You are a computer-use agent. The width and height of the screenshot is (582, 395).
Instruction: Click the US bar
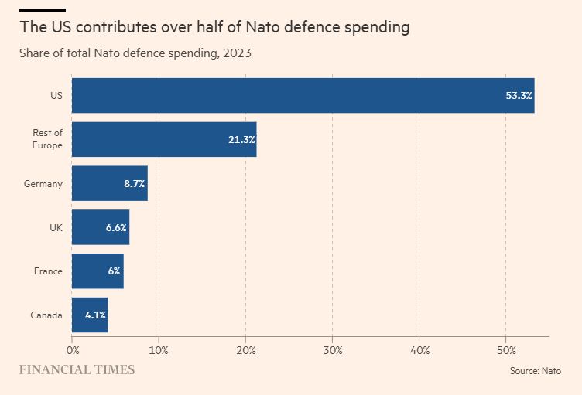[x=303, y=95]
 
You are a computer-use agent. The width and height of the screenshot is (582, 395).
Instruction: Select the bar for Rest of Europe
[x=164, y=139]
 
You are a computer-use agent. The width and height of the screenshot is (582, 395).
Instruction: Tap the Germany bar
[x=109, y=183]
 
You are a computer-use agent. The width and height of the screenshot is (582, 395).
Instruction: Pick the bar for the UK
[x=101, y=227]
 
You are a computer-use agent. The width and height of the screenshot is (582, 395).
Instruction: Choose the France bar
[x=98, y=271]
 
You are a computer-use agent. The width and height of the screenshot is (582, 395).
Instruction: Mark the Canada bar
[x=90, y=315]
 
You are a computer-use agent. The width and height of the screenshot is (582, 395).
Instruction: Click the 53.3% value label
[x=519, y=96]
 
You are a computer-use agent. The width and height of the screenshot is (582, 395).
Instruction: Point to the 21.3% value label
[x=241, y=140]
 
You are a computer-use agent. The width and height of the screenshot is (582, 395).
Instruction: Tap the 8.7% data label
[x=134, y=184]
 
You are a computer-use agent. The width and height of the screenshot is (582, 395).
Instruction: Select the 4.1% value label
[x=95, y=315]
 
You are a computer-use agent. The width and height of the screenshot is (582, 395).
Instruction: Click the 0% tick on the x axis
[x=72, y=349]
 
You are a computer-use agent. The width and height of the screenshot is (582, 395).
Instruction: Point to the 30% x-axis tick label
[x=332, y=349]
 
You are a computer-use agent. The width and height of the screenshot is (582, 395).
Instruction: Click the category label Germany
[x=43, y=184]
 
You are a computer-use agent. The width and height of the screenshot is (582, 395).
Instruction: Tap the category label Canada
[x=46, y=315]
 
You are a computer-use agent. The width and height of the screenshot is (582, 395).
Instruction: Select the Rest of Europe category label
[x=47, y=139]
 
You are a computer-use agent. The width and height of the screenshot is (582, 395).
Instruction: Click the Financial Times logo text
[x=77, y=369]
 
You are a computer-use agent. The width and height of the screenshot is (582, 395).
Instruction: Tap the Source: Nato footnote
[x=535, y=371]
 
